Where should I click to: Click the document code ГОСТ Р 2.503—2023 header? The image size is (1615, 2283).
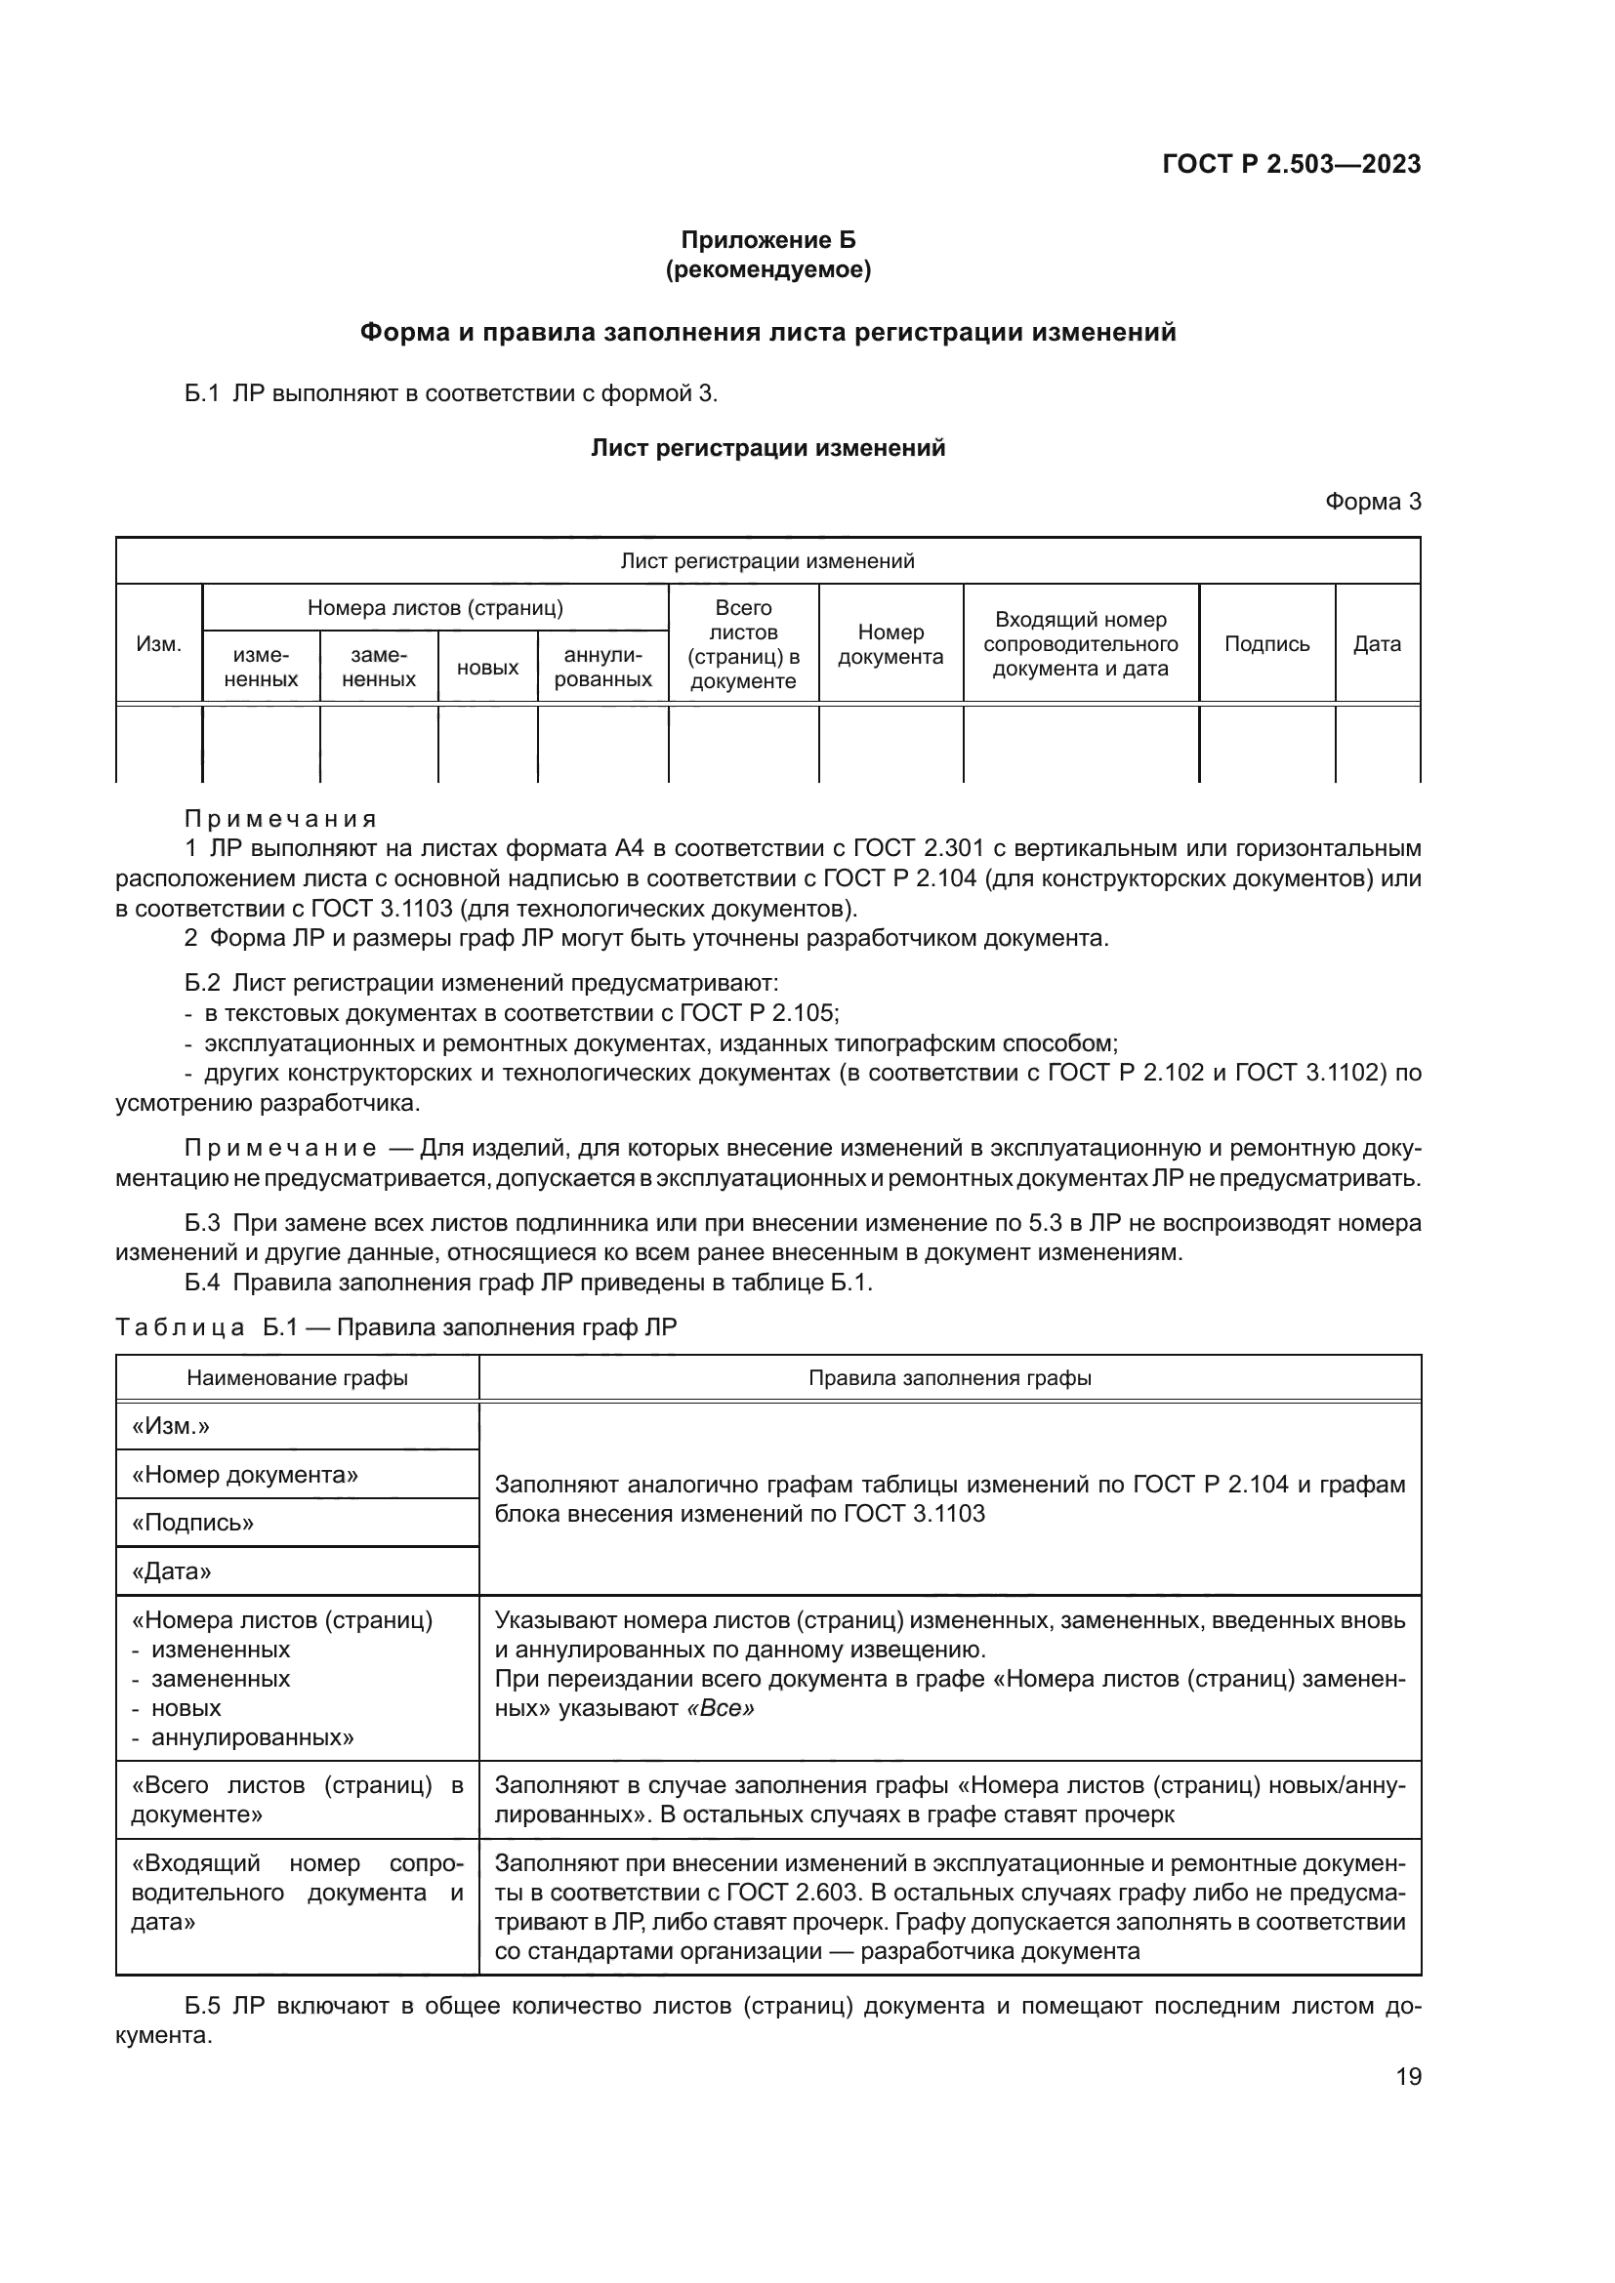point(1291,164)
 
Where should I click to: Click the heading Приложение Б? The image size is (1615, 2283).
point(766,240)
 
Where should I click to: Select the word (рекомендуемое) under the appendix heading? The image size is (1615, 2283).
point(766,269)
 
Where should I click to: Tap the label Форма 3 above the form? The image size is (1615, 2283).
point(1371,502)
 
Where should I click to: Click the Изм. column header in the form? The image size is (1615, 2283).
point(159,643)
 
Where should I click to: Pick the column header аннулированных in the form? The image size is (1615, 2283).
point(602,668)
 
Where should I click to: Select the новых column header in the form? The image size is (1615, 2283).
point(487,668)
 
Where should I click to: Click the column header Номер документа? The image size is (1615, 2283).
point(890,644)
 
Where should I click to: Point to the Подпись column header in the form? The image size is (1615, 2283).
point(1266,643)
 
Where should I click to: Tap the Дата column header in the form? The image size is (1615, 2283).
point(1377,643)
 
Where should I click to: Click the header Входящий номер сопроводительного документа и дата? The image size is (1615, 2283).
point(1080,643)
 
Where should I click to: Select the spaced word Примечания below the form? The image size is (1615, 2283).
point(280,819)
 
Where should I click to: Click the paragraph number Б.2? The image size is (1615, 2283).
point(202,984)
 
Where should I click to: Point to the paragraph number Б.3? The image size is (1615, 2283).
point(202,1223)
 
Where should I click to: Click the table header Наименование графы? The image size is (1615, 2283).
point(297,1378)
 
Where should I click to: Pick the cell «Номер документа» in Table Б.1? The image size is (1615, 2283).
point(245,1475)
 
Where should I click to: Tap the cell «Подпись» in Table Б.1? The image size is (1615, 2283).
point(193,1523)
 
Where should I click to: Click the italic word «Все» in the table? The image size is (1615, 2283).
point(720,1708)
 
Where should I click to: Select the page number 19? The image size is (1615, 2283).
point(1408,2077)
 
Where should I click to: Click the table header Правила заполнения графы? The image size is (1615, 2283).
point(949,1378)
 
